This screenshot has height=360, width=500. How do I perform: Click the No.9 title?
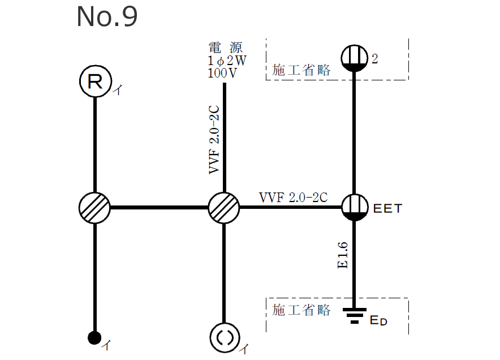pos(107,18)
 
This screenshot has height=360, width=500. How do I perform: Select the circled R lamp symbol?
pos(94,83)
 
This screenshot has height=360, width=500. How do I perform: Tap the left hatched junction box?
pos(94,207)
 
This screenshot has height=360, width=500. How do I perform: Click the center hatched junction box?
pos(224,207)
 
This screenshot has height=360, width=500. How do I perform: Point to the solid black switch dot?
pos(94,338)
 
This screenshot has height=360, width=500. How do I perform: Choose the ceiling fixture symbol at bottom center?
pos(224,337)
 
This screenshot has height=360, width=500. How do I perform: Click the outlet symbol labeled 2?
pos(355,58)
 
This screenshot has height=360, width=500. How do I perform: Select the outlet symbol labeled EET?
pos(355,207)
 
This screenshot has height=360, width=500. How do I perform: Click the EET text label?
pos(387,208)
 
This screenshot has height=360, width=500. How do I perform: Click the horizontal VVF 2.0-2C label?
pos(293,198)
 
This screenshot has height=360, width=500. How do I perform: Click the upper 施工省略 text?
pos(301,70)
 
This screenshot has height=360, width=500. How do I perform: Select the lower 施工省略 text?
pos(301,310)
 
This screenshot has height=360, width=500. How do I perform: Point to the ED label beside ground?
pos(378,321)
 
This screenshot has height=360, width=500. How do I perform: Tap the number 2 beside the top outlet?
pos(374,59)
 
